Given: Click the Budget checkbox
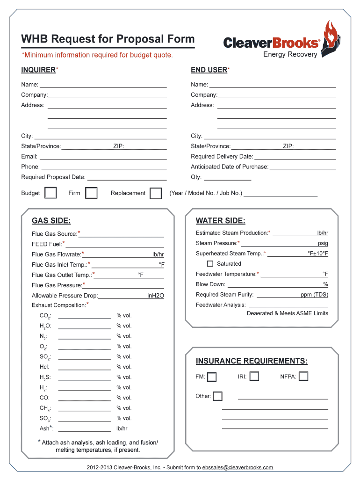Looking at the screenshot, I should (50, 193).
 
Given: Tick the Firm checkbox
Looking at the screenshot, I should (91, 193).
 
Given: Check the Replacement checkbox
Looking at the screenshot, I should (156, 193).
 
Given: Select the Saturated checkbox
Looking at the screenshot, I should (210, 264).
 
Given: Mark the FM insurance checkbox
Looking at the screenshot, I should (212, 377).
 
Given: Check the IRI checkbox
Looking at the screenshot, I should (254, 376).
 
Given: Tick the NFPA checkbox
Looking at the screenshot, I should (303, 376).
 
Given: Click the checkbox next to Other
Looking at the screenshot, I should (217, 396).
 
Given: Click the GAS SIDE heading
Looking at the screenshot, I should (51, 221).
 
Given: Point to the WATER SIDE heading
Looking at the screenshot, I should (220, 221).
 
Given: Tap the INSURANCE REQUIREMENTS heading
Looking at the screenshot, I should (252, 361).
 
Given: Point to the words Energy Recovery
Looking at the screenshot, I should (290, 54).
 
